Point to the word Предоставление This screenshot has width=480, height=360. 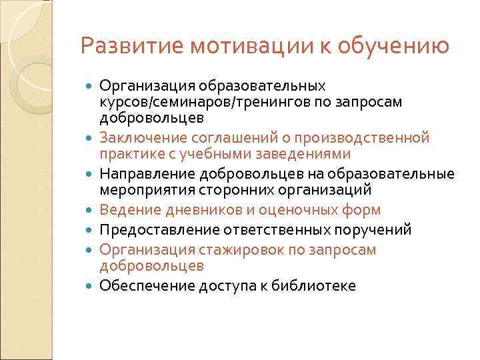click(x=145, y=230)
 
